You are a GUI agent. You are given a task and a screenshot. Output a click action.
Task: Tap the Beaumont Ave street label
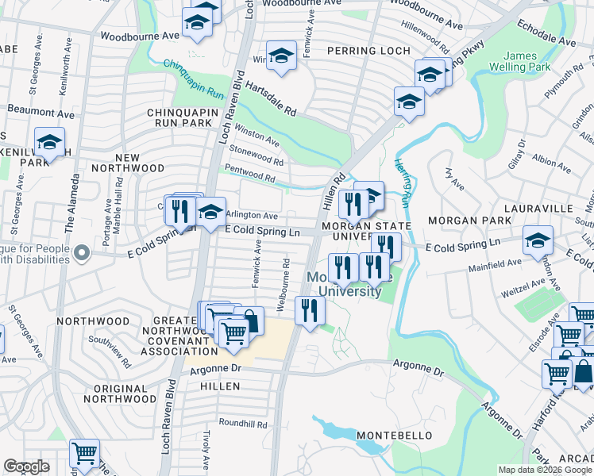[40, 112]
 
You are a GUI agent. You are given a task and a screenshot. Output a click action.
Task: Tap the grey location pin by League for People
[82, 254]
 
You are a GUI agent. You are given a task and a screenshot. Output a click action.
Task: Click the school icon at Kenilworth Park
[49, 143]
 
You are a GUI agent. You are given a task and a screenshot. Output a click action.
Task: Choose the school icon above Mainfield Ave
[538, 239]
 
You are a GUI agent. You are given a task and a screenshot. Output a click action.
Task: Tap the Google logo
[26, 466]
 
